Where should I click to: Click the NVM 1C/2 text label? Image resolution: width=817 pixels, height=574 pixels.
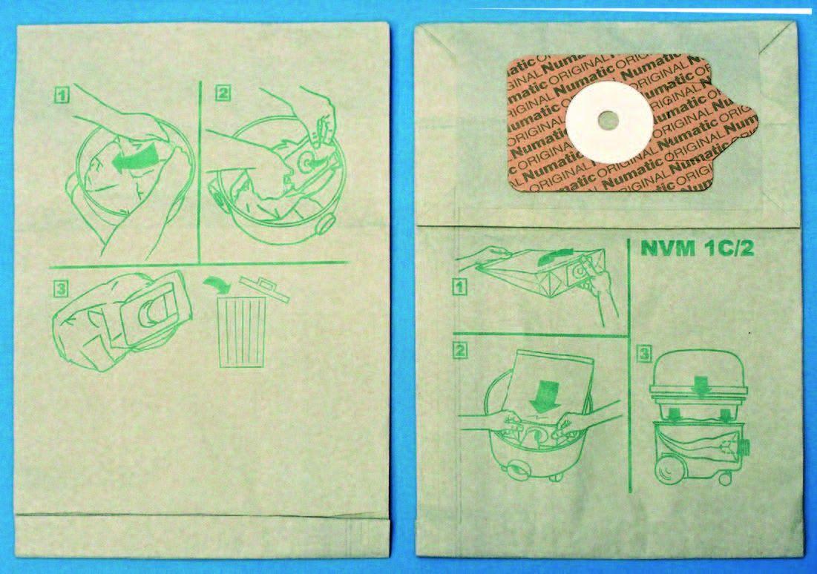[x=698, y=249]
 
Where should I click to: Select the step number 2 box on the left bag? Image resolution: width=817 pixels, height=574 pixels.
[x=223, y=93]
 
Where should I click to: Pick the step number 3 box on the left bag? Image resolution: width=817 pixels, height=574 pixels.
[x=60, y=288]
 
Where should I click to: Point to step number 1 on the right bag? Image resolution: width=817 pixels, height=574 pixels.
[x=459, y=286]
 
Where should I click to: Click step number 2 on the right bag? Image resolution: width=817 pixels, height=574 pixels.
[x=459, y=349]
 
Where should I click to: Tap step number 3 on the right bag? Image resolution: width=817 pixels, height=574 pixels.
[x=645, y=354]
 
